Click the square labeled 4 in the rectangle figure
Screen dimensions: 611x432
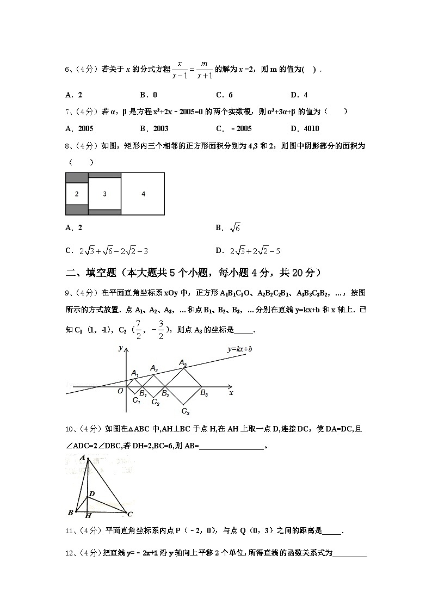click(x=143, y=194)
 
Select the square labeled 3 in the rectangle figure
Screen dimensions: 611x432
click(x=104, y=194)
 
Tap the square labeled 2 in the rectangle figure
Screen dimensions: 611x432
click(x=77, y=194)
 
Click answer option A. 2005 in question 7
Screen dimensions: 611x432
click(x=79, y=129)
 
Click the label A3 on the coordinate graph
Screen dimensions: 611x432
click(x=183, y=363)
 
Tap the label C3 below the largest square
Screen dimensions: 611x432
click(x=185, y=411)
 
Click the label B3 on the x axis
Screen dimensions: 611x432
click(x=204, y=394)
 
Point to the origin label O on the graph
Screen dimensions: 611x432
click(x=120, y=391)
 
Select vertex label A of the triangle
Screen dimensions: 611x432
click(x=82, y=458)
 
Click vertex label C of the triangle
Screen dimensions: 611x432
click(x=130, y=513)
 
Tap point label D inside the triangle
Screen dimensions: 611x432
click(x=92, y=493)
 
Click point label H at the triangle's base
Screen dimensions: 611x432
click(x=88, y=515)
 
